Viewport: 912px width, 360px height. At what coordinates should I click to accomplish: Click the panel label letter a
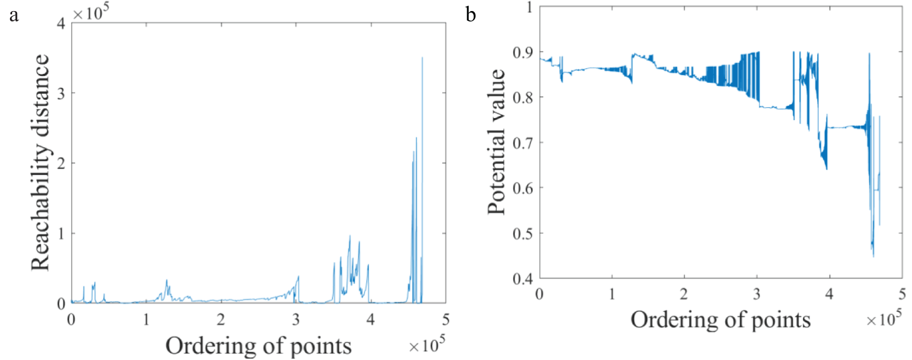[14, 15]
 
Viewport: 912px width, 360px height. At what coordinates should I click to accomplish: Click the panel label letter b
[470, 15]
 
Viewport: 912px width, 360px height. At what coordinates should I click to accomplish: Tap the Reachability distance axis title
[40, 163]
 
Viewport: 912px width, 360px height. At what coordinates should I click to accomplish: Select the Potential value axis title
[496, 142]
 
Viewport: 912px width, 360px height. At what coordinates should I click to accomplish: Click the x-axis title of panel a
[258, 346]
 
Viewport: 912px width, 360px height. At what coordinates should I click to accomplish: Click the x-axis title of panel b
[720, 320]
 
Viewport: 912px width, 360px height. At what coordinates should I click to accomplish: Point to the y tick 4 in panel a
[61, 23]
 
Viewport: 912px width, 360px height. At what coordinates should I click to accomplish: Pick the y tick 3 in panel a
[61, 93]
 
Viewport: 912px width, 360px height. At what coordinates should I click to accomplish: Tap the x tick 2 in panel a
[221, 319]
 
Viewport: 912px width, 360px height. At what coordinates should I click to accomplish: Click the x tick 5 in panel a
[445, 319]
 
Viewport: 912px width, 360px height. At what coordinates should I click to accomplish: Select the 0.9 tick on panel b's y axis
[522, 52]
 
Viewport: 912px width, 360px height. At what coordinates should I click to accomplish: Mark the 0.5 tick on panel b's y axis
[522, 233]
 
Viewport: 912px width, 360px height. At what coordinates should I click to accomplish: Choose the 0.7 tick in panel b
[522, 143]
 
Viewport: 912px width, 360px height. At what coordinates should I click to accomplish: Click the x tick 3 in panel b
[757, 294]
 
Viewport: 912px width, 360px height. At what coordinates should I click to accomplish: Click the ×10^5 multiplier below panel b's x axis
[884, 318]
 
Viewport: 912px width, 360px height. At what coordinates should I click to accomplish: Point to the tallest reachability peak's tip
[422, 57]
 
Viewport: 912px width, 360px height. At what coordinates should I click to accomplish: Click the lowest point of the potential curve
[873, 256]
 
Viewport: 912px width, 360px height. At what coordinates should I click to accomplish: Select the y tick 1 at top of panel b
[529, 7]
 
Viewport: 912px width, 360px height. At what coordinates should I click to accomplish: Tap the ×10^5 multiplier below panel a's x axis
[427, 345]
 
